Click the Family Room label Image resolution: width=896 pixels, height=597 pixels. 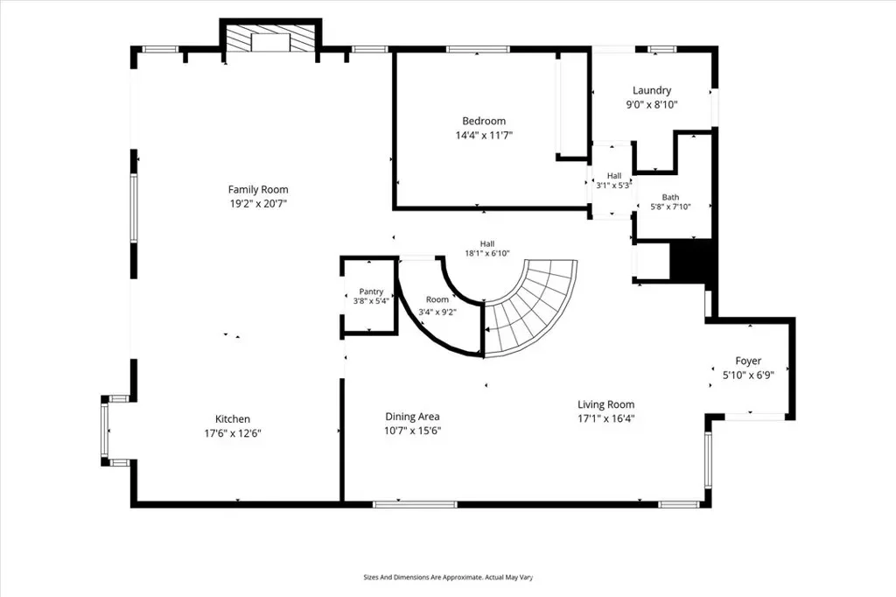coord(258,189)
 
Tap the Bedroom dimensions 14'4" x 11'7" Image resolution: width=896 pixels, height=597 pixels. coord(484,136)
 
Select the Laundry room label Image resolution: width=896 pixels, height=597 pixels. coord(651,90)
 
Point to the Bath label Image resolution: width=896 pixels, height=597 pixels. coord(670,197)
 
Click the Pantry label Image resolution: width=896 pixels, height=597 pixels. coord(371,291)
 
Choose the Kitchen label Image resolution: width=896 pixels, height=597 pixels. coord(233,419)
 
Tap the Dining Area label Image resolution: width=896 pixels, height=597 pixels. coord(412,417)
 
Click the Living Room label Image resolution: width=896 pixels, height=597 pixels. coord(605,405)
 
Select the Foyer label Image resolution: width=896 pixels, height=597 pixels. coord(748,361)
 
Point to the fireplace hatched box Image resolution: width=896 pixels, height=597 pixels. coord(271,40)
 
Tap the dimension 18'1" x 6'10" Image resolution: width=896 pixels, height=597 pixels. coord(486,253)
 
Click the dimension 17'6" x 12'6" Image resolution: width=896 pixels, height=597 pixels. coord(233,433)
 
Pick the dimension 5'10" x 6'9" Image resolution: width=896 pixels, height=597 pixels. coord(748,376)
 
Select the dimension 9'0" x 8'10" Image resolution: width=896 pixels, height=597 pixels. coord(651,105)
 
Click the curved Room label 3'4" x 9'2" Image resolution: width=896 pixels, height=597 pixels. coord(437,306)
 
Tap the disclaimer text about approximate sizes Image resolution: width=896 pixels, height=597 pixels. coord(448,578)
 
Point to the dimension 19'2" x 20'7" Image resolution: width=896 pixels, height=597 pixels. coord(258,204)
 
